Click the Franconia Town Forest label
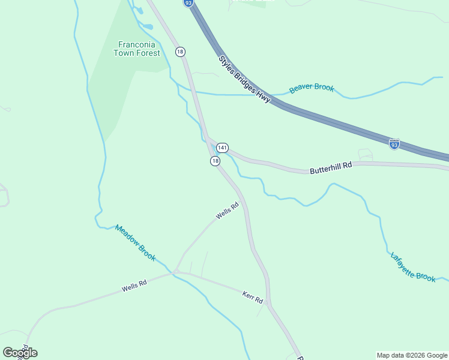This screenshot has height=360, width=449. [137, 49]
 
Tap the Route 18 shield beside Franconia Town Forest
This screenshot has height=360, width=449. [180, 52]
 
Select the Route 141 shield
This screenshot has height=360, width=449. [222, 148]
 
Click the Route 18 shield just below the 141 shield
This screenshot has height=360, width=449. [215, 161]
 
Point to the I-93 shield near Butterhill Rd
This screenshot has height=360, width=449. [394, 145]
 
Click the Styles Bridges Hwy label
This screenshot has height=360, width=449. [244, 79]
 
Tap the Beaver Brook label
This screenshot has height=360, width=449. [312, 88]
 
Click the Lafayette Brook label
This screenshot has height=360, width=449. [413, 266]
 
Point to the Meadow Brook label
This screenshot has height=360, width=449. [135, 243]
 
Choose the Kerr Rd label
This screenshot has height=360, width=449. [253, 296]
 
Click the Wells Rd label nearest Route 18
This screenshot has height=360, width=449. [228, 211]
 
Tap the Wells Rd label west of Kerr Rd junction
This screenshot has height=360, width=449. [134, 286]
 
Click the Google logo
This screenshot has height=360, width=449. [20, 353]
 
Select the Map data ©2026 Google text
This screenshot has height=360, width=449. [412, 355]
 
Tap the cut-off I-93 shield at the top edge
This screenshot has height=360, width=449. [188, 3]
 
